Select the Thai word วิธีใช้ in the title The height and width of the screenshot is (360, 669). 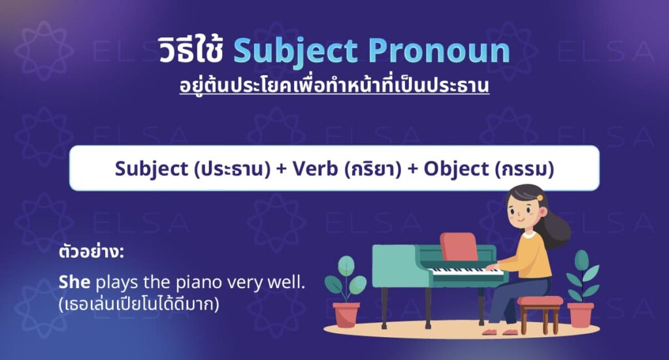(x=191, y=52)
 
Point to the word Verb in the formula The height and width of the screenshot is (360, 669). (x=313, y=169)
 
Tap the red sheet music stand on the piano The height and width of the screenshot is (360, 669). (x=459, y=247)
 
